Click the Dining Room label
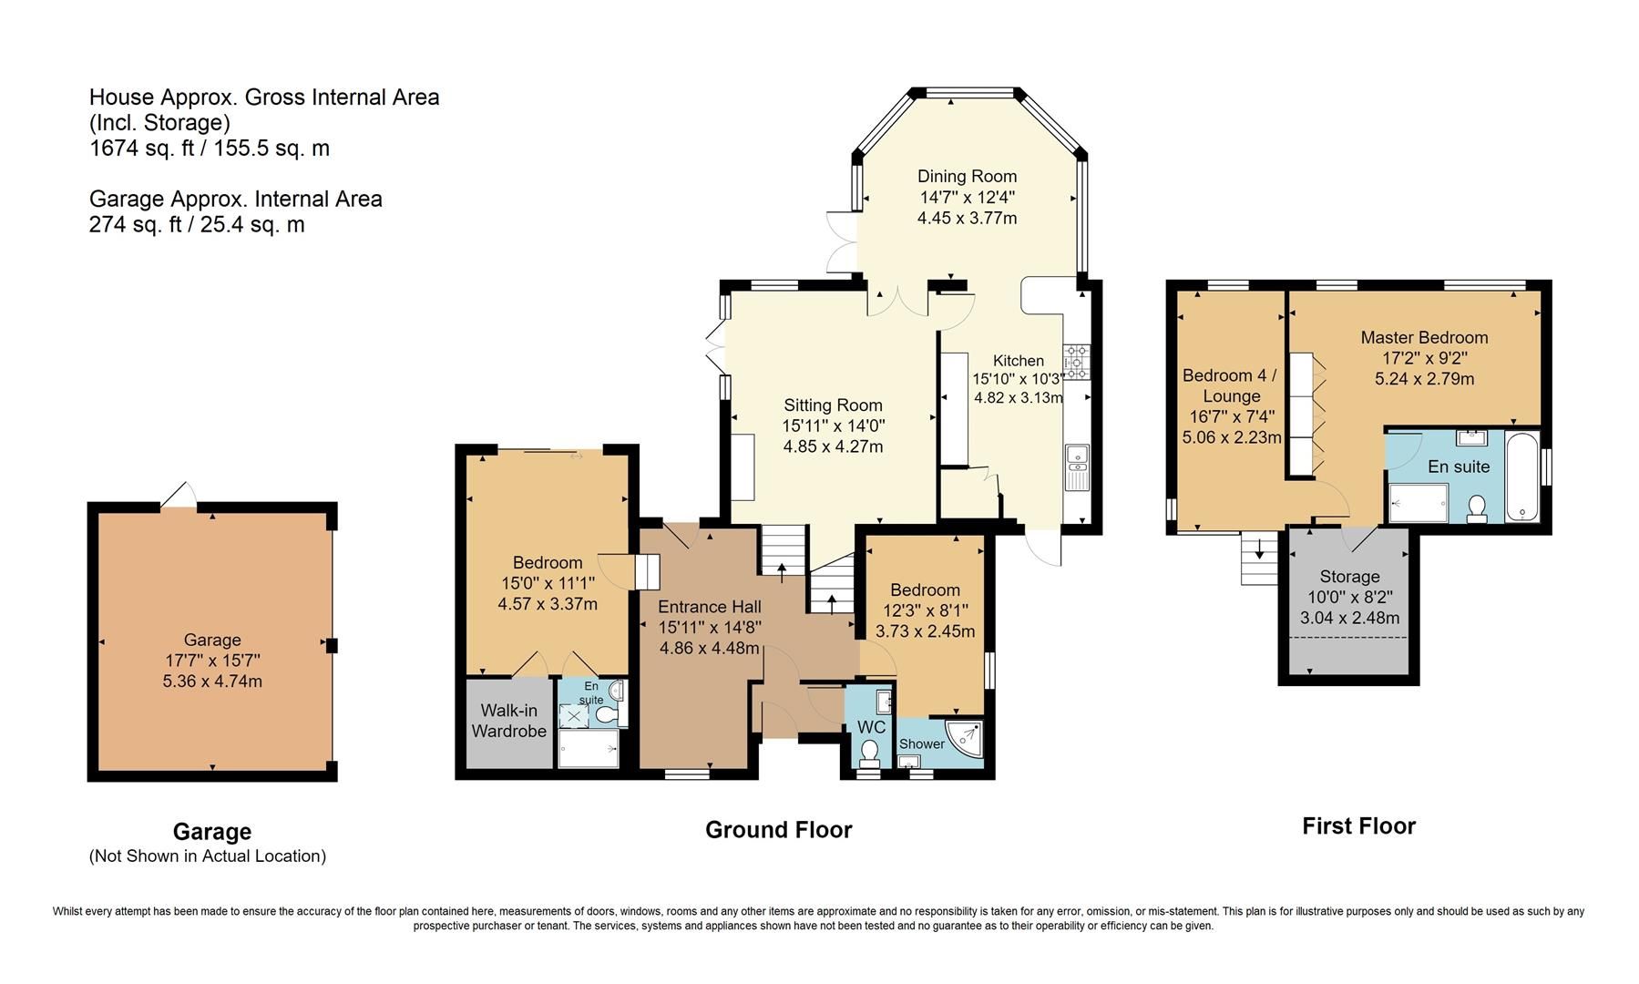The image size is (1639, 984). (x=967, y=176)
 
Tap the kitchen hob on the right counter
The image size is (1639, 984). (x=1076, y=363)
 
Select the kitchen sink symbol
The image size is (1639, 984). (x=1077, y=465)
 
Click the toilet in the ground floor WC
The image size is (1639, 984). (x=870, y=753)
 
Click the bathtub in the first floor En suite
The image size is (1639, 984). (x=1522, y=478)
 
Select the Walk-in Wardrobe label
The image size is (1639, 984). (x=508, y=721)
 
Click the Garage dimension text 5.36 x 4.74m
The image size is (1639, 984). (x=212, y=681)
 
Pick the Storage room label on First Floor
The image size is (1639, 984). (x=1349, y=577)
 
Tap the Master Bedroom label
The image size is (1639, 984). (x=1424, y=337)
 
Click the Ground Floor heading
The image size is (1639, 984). (x=778, y=830)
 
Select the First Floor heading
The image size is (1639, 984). (x=1358, y=826)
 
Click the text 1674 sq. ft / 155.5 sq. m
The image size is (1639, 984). (x=210, y=148)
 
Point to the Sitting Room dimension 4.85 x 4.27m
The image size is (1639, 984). (x=833, y=446)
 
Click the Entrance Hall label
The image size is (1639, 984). (x=710, y=607)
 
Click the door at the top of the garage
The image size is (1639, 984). (x=179, y=497)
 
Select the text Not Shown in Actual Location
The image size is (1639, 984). (x=208, y=856)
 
